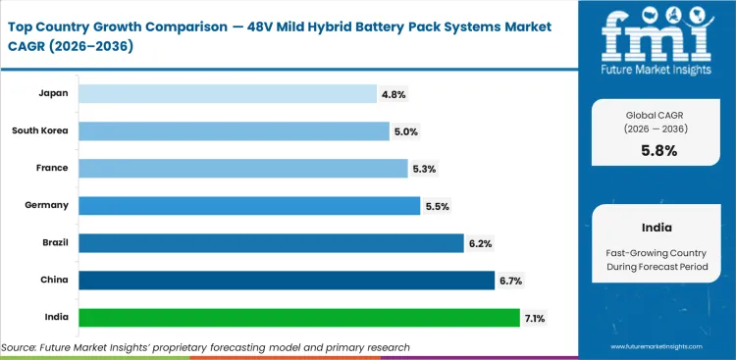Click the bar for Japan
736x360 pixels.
[227, 94]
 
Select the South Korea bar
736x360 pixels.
[234, 131]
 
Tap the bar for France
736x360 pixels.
[242, 169]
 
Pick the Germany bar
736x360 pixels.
[249, 206]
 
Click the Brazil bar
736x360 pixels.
[271, 243]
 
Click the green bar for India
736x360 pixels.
[299, 318]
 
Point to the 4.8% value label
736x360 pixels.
[394, 94]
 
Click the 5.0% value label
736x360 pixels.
[406, 131]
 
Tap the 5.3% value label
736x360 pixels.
[424, 169]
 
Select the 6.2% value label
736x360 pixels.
[480, 243]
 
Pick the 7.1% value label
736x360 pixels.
[536, 318]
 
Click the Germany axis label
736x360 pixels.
[46, 205]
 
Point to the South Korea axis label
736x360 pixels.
[40, 130]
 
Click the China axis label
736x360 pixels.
[53, 280]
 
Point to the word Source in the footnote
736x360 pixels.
[20, 347]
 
